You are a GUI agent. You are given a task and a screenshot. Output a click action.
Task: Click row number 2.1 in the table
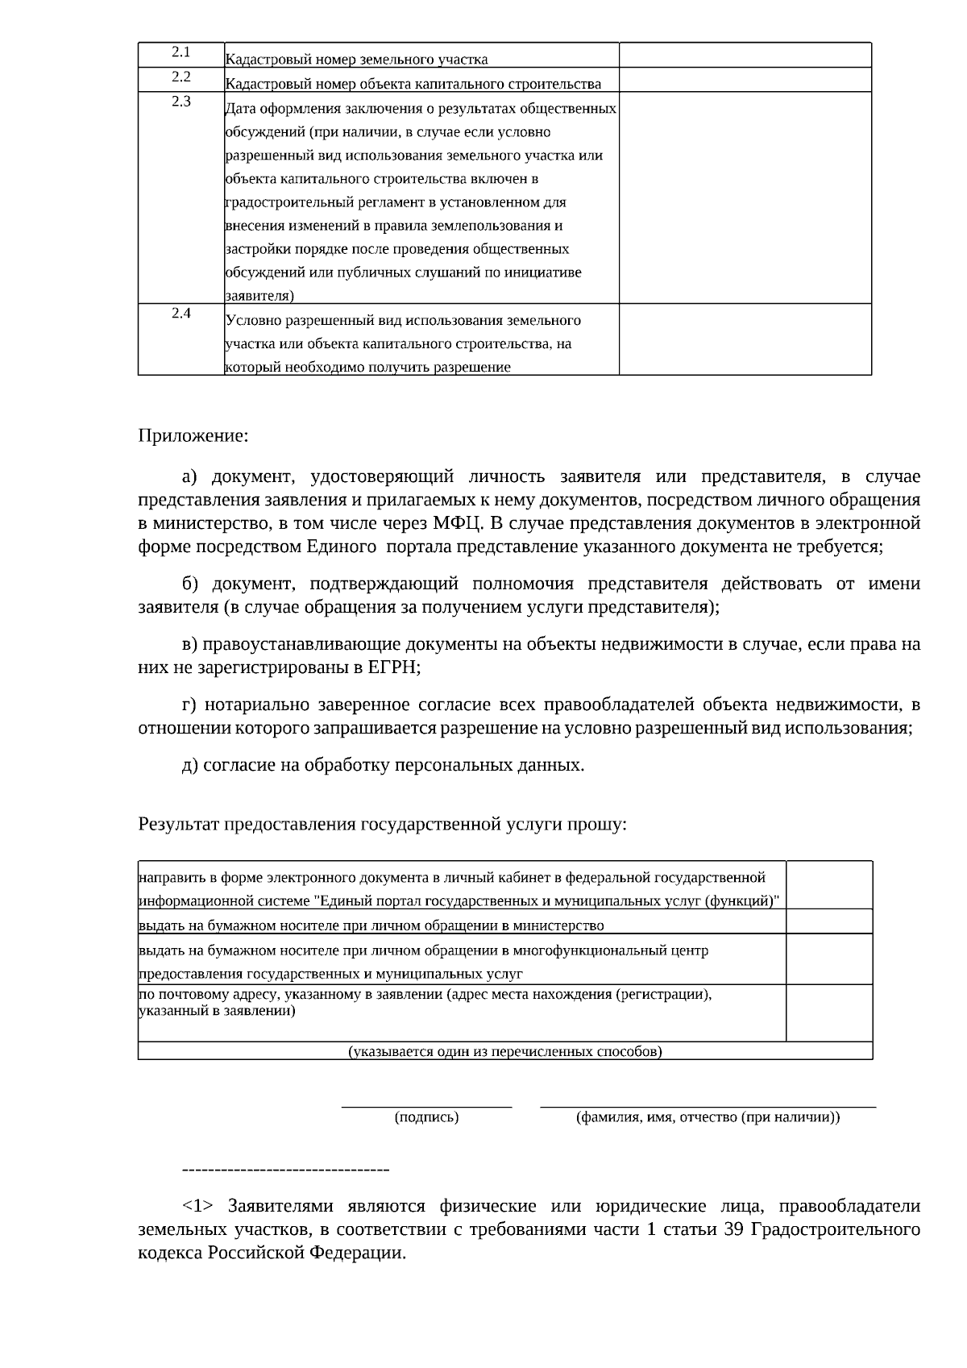181,52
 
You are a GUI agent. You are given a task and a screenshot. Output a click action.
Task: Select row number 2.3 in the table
181,102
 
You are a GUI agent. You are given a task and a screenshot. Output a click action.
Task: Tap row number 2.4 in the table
181,314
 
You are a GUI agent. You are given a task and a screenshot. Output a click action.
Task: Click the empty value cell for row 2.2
745,80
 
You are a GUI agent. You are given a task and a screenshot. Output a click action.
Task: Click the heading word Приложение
193,436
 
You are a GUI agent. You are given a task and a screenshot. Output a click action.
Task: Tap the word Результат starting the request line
178,824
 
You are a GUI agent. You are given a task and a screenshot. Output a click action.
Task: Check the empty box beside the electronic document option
828,885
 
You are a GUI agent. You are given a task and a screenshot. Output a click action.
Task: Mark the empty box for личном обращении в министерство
828,921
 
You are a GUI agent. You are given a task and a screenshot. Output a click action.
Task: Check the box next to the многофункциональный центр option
828,958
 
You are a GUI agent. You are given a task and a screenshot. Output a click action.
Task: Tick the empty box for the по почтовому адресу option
828,1012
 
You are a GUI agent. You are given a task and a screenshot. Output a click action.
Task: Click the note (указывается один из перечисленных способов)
504,1051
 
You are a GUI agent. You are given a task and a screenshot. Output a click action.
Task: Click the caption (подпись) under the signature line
426,1117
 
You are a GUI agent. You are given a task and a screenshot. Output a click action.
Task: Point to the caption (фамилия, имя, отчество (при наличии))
708,1117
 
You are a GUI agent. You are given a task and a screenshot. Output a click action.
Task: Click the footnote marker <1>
197,1206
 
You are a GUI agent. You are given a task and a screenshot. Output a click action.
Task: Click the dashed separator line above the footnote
286,1169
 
